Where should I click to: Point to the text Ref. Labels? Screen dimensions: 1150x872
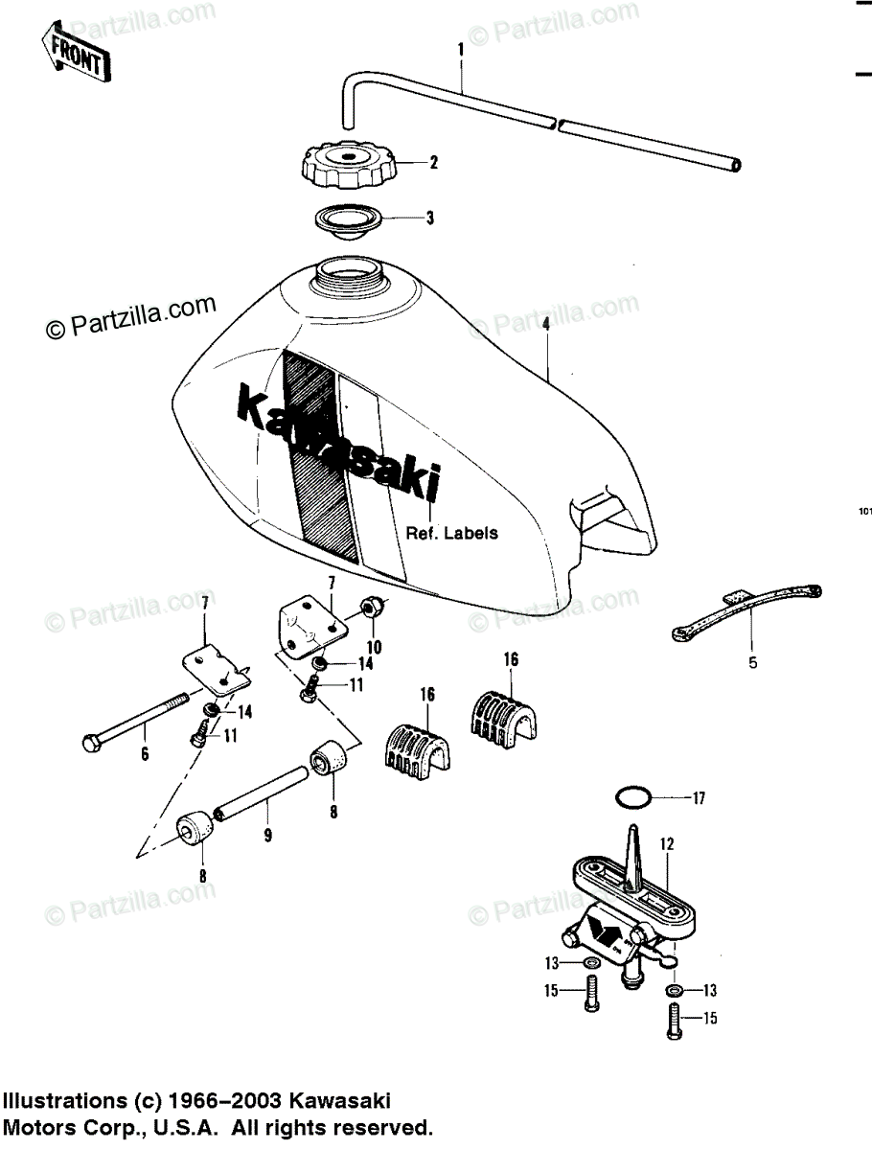(451, 534)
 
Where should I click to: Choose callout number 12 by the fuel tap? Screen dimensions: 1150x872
(667, 844)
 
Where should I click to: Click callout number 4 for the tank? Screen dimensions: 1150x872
(545, 325)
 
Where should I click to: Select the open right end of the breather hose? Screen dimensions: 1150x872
(736, 166)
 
